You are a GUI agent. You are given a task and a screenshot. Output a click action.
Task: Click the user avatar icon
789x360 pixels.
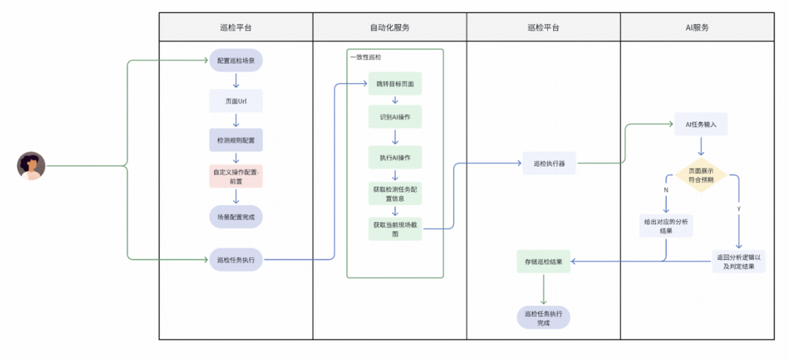click(x=31, y=166)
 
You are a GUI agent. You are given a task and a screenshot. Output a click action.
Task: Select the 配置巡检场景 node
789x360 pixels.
click(x=236, y=61)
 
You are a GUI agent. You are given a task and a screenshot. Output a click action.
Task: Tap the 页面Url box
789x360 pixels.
click(x=236, y=101)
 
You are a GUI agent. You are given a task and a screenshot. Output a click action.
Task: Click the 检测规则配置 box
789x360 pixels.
click(x=236, y=139)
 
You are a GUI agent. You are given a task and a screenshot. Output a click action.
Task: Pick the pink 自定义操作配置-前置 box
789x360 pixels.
click(x=236, y=176)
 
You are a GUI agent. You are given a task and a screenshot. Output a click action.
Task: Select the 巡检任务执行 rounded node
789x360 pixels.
click(x=236, y=259)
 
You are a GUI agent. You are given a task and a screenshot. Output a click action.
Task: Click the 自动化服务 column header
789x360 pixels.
click(x=389, y=28)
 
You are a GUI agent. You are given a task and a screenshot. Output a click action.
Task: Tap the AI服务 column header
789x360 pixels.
click(x=697, y=28)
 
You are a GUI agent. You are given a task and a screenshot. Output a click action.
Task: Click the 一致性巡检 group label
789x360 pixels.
click(x=365, y=57)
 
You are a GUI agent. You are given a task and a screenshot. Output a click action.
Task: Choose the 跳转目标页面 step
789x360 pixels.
click(x=395, y=84)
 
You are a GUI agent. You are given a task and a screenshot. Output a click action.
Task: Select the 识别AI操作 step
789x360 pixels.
click(x=395, y=118)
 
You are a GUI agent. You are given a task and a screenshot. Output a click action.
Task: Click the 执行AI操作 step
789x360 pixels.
click(x=395, y=158)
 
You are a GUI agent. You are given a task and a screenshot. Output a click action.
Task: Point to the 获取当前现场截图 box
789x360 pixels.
click(x=395, y=229)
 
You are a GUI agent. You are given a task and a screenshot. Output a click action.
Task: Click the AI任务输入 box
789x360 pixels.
click(x=701, y=124)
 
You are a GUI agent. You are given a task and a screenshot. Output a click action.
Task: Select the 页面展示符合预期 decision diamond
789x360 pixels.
click(x=701, y=176)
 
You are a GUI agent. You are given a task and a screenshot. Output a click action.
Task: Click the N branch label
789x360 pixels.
click(x=666, y=190)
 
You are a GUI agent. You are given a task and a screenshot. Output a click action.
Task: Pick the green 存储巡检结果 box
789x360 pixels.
click(x=543, y=261)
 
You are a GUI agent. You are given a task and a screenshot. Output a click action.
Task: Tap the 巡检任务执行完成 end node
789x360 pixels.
click(x=543, y=318)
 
